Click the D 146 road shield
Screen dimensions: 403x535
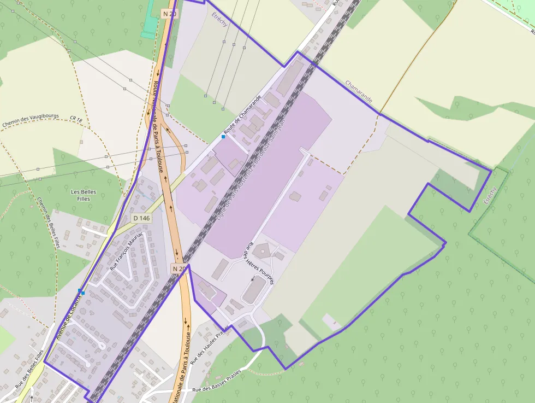(x=141, y=218)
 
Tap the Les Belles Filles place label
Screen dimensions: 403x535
(x=84, y=195)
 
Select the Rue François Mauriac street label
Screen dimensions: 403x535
(x=126, y=251)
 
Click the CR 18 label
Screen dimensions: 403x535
(x=75, y=119)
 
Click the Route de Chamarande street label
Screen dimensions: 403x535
(x=242, y=114)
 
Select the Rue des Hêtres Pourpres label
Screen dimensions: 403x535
(x=260, y=263)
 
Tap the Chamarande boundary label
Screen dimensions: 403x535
(x=359, y=92)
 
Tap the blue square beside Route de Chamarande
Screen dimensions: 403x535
(x=223, y=136)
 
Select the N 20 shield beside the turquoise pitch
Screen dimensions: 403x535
(x=169, y=13)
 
